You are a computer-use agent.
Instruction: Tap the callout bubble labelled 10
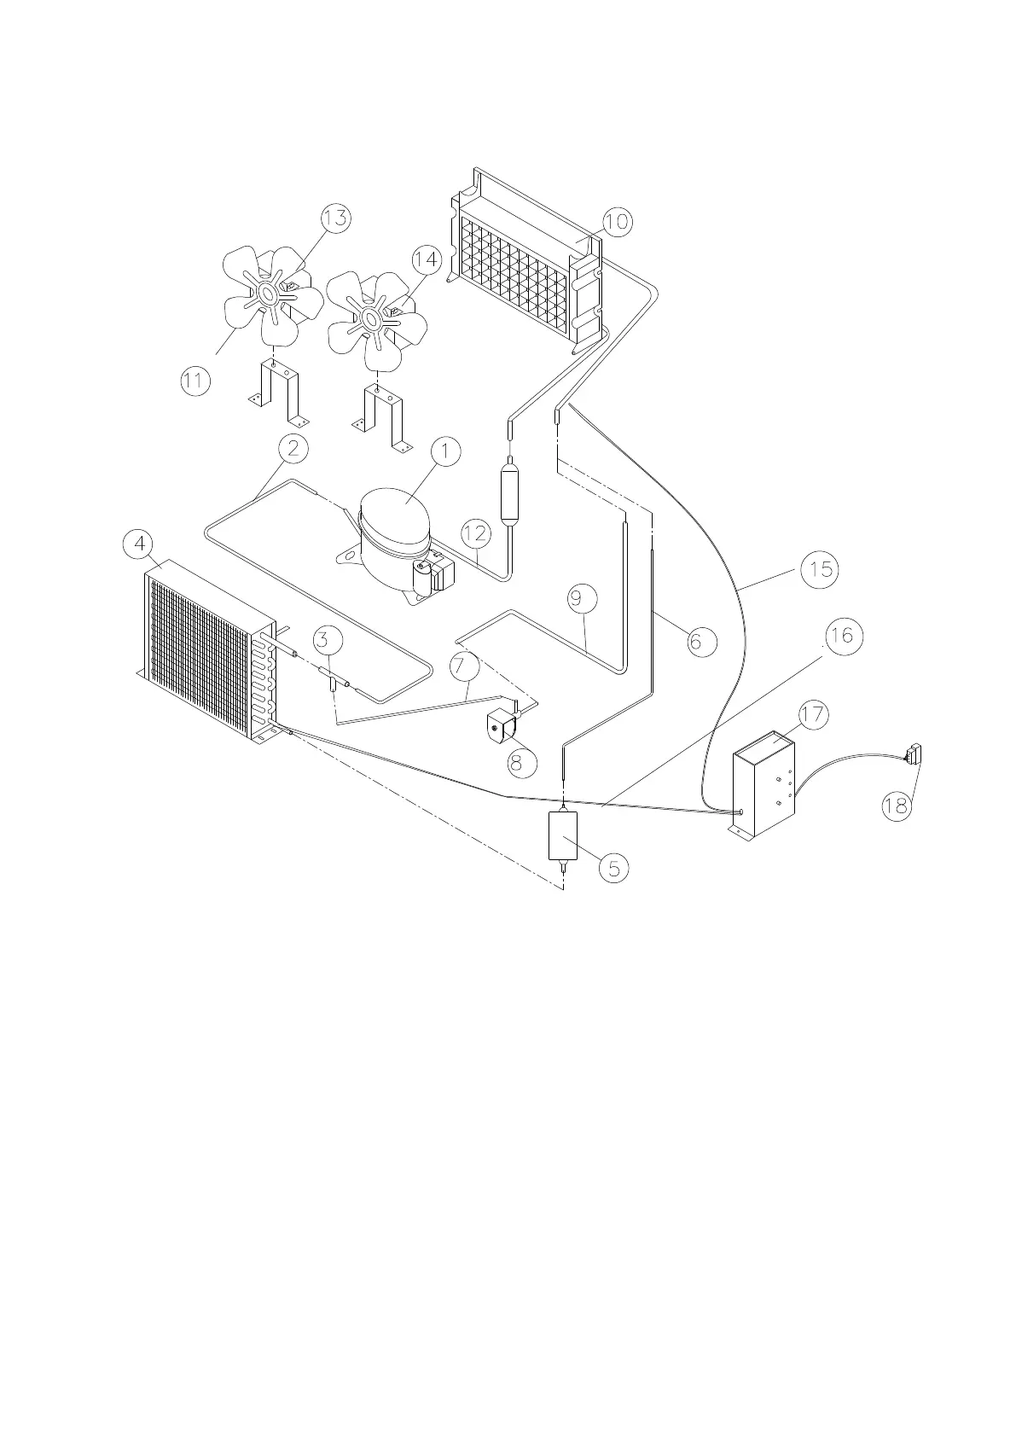[x=616, y=222]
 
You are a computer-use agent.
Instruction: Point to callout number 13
[x=336, y=218]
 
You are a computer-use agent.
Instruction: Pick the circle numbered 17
[x=814, y=714]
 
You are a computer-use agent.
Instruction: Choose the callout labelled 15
[x=820, y=569]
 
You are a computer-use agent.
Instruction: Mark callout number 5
[x=613, y=868]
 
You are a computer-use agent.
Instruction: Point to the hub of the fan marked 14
[x=372, y=320]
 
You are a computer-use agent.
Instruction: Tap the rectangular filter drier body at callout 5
[x=563, y=835]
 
